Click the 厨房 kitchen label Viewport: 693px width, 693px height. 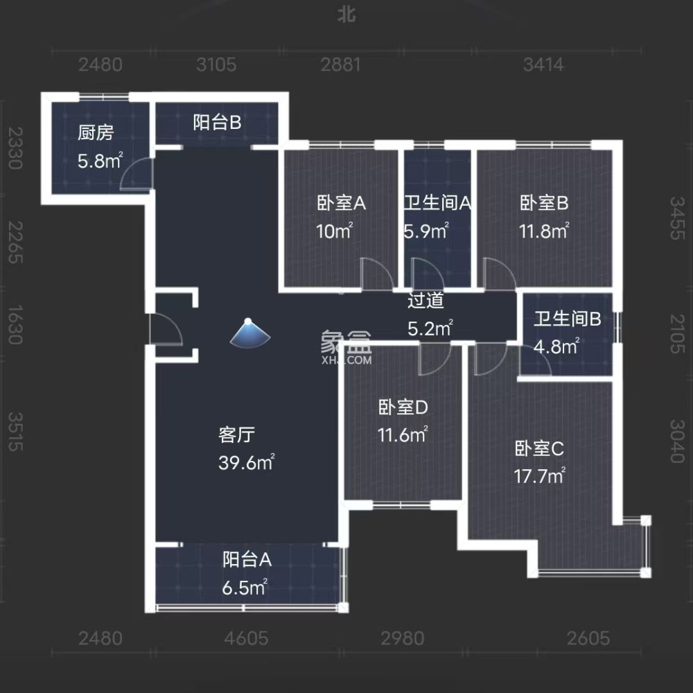pos(95,133)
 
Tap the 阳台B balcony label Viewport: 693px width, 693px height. pos(217,123)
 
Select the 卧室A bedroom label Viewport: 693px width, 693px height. pos(341,204)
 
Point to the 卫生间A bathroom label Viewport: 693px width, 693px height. pos(438,204)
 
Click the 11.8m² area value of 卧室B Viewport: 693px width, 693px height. pos(544,231)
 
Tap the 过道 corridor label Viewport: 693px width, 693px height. pos(426,301)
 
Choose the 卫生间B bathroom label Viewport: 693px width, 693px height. pos(567,319)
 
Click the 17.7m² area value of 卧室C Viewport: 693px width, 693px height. pos(540,475)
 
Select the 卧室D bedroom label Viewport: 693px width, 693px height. pos(403,408)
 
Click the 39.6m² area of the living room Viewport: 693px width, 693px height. pos(247,463)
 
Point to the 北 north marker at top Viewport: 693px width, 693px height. pos(346,15)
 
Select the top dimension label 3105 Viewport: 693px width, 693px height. pos(217,65)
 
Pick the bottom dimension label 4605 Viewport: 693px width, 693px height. pos(246,638)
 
